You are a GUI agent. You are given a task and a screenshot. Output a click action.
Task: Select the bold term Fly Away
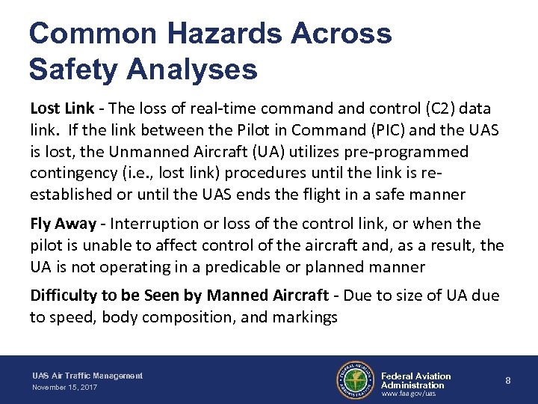pos(63,224)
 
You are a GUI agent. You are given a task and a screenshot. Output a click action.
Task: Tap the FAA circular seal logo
pos(355,381)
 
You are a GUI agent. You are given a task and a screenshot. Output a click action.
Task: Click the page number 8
pos(508,381)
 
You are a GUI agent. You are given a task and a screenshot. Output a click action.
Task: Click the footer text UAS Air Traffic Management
pos(87,376)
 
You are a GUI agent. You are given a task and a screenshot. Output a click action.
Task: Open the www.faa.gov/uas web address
pos(409,394)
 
